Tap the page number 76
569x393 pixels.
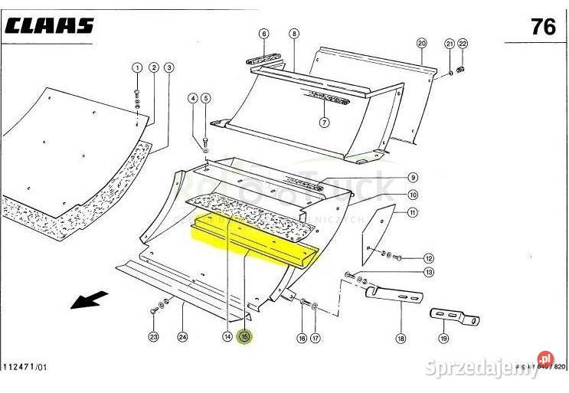click(543, 26)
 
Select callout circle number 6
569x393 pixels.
click(263, 34)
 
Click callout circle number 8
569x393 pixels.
click(294, 34)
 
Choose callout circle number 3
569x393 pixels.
click(168, 68)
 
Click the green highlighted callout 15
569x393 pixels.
click(245, 336)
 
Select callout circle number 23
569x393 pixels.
click(153, 336)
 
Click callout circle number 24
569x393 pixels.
click(182, 336)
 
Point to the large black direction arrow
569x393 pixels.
click(89, 300)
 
